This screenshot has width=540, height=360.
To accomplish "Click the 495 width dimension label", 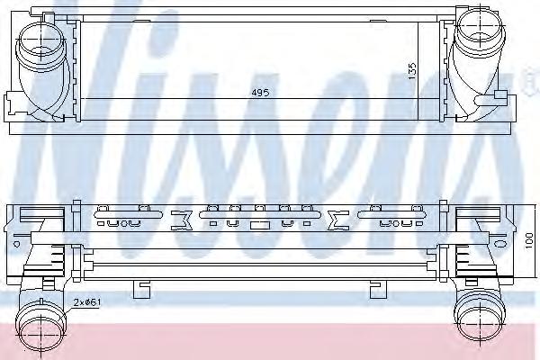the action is (x=260, y=93).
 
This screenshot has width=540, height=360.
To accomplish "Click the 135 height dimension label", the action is (x=412, y=71).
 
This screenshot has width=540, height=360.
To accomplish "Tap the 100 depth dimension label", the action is (x=530, y=240).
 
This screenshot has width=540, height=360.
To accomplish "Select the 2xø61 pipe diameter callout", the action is (x=87, y=302).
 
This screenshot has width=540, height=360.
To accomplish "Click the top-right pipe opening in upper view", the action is (x=480, y=30).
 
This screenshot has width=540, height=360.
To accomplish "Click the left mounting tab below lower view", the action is (x=141, y=289).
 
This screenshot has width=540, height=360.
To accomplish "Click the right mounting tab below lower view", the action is (x=378, y=289).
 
